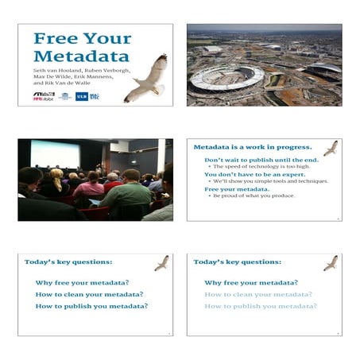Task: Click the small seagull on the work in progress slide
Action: (x=330, y=148)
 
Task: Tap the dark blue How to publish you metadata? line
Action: (x=91, y=306)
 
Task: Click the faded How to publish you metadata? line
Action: (x=260, y=306)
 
